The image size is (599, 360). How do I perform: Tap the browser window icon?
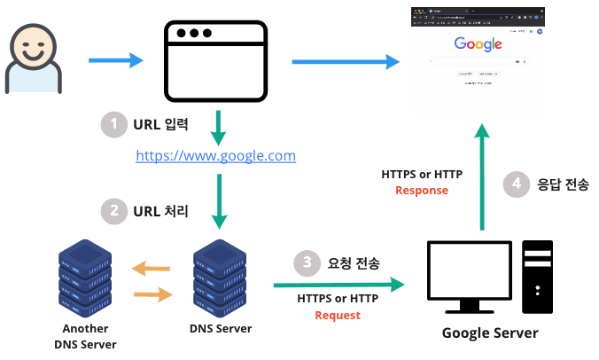coord(216,60)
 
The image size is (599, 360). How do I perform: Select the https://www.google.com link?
coord(215,156)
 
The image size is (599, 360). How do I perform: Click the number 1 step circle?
coord(113,124)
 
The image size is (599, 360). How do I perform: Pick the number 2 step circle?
coord(113,211)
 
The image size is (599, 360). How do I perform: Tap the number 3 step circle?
coord(307,262)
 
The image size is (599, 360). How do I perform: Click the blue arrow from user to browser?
coord(115,60)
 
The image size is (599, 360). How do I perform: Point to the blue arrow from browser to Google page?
coord(344,60)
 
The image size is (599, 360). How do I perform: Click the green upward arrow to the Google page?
coord(482,177)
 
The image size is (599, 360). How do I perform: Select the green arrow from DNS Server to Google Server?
coord(338,285)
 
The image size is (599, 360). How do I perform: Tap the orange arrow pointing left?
coord(151,268)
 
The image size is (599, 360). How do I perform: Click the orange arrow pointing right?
coord(151,293)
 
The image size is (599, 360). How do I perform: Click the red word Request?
coord(338,315)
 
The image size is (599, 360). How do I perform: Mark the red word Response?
coord(422,190)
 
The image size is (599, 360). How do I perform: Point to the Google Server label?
coord(490,333)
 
